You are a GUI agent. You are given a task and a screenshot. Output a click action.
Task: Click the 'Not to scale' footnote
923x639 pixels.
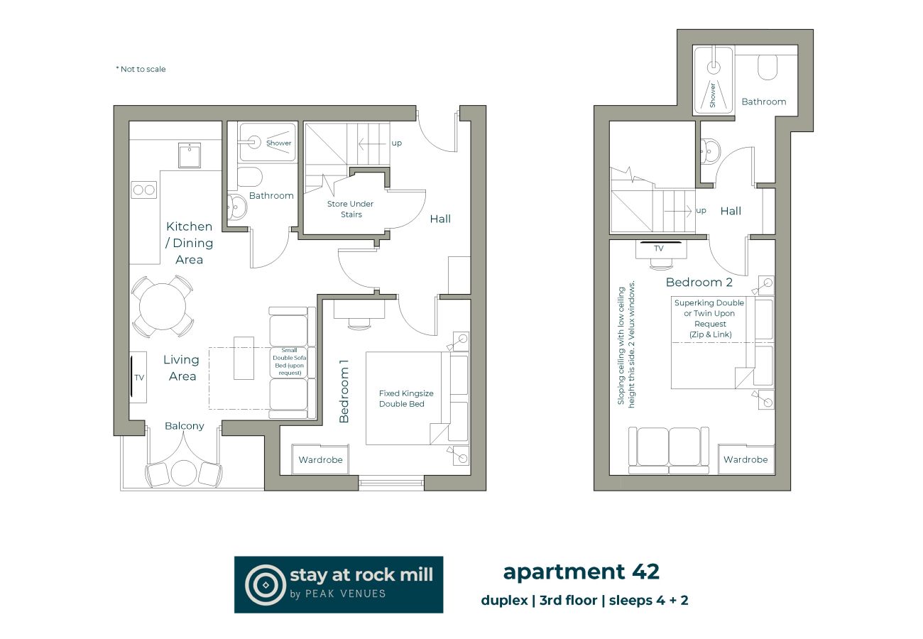pyautogui.click(x=141, y=70)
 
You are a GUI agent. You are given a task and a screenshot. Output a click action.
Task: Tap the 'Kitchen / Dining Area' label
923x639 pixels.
pyautogui.click(x=189, y=243)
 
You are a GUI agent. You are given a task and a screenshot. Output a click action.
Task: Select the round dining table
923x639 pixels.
pyautogui.click(x=163, y=307)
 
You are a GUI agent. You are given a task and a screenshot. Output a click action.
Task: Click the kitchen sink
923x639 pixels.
pyautogui.click(x=189, y=155)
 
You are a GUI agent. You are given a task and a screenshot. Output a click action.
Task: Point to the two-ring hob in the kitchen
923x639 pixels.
pyautogui.click(x=143, y=190)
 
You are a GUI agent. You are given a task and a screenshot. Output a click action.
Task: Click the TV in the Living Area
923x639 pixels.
pyautogui.click(x=137, y=377)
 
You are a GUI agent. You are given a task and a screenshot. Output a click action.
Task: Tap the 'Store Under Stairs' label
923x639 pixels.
pyautogui.click(x=350, y=209)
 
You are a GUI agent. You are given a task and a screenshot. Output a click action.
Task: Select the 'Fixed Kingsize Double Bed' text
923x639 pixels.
pyautogui.click(x=406, y=398)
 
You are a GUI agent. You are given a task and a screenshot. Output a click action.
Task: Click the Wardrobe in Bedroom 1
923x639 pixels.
pyautogui.click(x=320, y=460)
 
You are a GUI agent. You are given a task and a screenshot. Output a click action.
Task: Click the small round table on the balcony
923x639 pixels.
pyautogui.click(x=183, y=473)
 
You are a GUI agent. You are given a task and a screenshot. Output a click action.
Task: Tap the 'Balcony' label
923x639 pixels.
pyautogui.click(x=184, y=426)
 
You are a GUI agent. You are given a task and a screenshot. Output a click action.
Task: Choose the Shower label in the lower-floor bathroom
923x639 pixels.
pyautogui.click(x=278, y=143)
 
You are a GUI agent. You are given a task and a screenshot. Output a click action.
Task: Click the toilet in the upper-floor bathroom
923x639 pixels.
pyautogui.click(x=768, y=67)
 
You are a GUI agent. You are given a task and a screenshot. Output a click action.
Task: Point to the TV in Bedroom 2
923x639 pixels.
pyautogui.click(x=659, y=249)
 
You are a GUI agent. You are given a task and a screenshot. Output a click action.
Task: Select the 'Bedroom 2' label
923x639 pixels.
pyautogui.click(x=699, y=283)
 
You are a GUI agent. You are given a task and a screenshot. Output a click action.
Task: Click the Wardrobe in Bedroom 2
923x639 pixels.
pyautogui.click(x=745, y=459)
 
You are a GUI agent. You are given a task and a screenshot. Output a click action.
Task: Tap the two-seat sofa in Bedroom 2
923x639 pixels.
pyautogui.click(x=668, y=450)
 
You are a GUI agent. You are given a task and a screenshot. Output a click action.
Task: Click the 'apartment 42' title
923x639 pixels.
pyautogui.click(x=581, y=572)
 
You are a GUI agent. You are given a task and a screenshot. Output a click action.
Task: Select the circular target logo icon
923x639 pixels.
pyautogui.click(x=265, y=584)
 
